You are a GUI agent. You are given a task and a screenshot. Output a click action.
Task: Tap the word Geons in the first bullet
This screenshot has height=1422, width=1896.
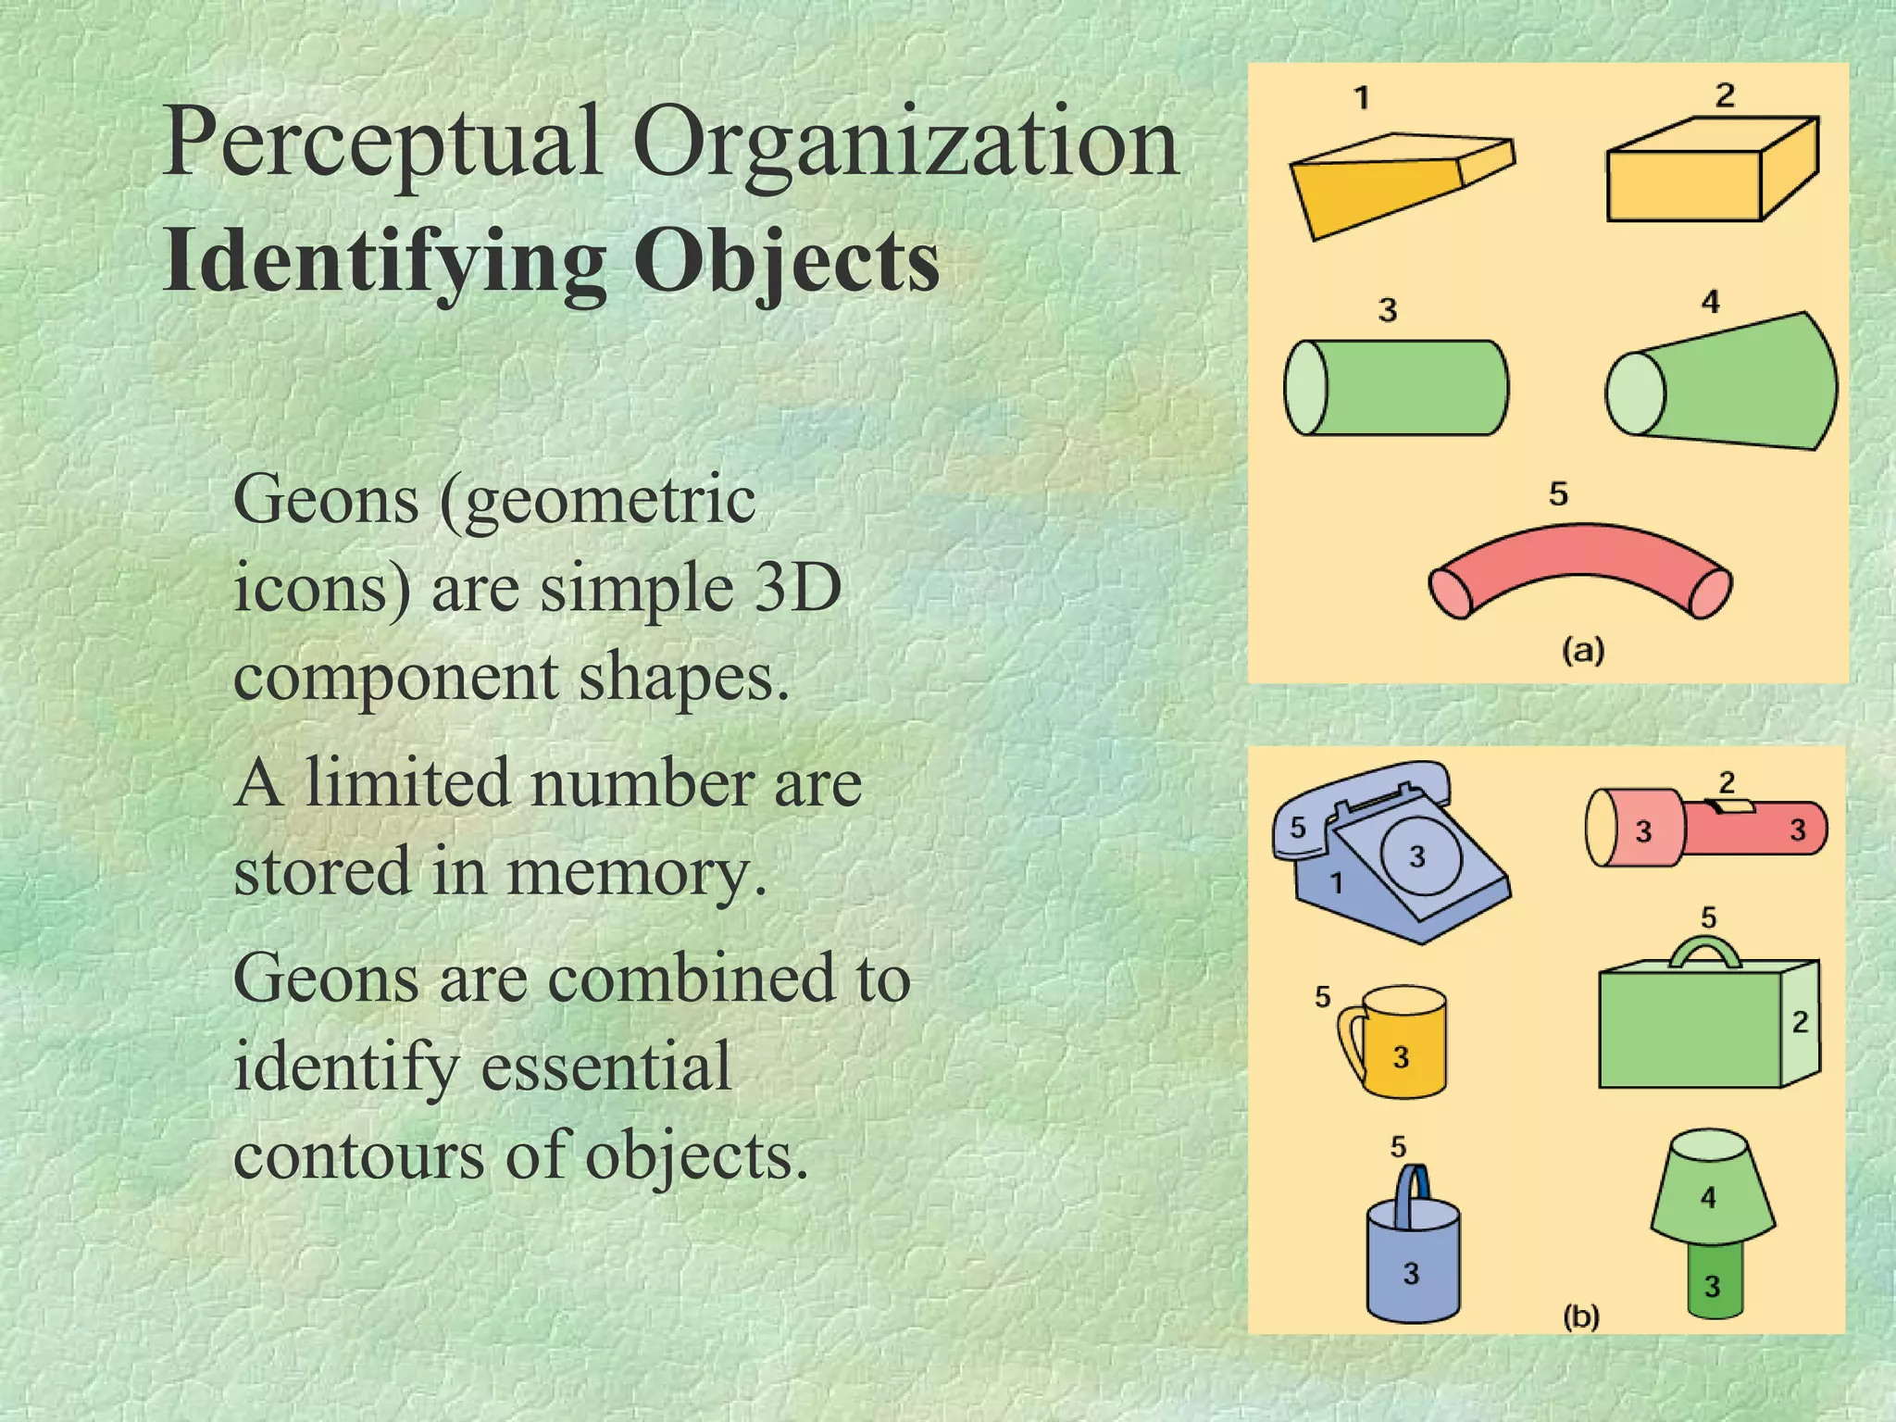coord(326,500)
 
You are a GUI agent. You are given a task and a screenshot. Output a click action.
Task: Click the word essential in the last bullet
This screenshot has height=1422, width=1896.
coord(606,1066)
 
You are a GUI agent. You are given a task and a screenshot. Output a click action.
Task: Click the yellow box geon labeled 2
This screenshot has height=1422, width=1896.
coord(1694,181)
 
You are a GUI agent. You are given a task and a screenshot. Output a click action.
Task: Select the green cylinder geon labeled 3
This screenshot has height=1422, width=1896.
coord(1407,388)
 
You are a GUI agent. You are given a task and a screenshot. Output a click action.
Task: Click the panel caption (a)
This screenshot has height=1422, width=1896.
coord(1583,651)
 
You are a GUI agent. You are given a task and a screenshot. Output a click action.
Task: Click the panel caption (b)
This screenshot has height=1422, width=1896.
coord(1581,1316)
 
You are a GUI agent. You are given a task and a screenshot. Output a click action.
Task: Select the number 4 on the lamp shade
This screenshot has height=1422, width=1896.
coord(1709,1198)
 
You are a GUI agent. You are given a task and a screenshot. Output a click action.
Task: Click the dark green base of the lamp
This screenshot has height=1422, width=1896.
coord(1714,1282)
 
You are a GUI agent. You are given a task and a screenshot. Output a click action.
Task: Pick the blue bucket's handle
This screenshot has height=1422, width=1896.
coord(1414,1190)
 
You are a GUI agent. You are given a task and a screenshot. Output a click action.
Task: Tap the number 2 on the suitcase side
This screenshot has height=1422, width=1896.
coord(1801,1022)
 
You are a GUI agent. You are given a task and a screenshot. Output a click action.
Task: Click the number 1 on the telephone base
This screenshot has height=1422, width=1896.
coord(1336,884)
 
